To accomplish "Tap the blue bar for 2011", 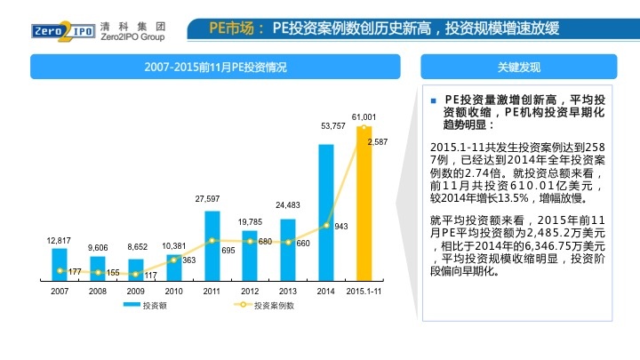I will point(212,244).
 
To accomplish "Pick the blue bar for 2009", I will point(135,268).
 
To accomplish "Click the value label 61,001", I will point(364,116).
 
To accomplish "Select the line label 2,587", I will point(377,142).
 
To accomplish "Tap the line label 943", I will point(340,226).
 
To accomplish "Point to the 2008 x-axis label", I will point(98,291).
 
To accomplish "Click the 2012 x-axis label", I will point(250,291).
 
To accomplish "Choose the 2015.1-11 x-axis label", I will point(364,291).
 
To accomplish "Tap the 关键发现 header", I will point(519,68).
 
